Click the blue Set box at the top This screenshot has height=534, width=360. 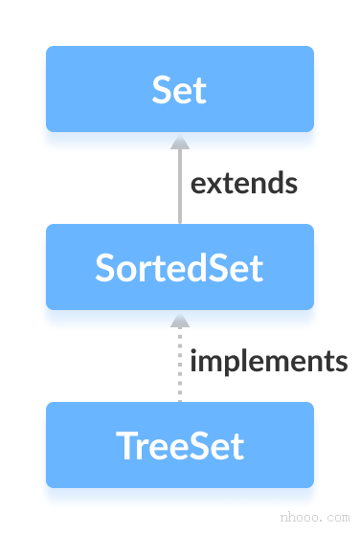click(180, 89)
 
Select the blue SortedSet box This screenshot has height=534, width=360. click(180, 267)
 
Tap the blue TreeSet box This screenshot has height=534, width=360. click(180, 445)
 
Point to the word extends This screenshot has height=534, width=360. click(243, 183)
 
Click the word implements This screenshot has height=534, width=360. click(268, 362)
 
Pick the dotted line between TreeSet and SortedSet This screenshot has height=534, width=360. click(179, 368)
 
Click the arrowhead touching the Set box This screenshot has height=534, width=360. click(179, 141)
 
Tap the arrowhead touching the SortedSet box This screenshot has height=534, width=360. click(179, 319)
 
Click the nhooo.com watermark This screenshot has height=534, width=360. click(313, 516)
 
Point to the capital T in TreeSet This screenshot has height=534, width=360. click(124, 446)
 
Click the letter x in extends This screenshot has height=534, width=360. click(213, 184)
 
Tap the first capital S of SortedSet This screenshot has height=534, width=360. click(104, 268)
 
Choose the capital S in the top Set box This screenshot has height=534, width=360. click(162, 90)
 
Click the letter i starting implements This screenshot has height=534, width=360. click(194, 361)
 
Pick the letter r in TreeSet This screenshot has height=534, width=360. click(141, 448)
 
